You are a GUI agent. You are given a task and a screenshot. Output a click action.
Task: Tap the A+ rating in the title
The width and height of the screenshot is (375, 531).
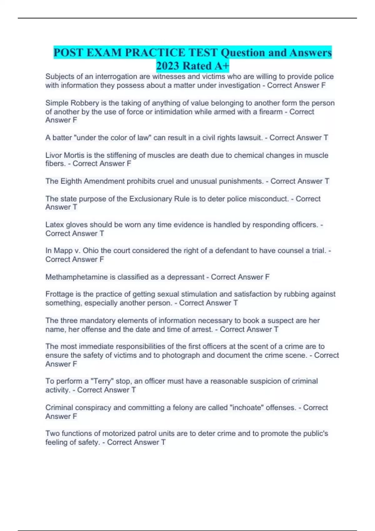(222, 66)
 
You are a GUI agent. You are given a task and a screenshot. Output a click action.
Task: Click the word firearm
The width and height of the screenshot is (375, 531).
(271, 112)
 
